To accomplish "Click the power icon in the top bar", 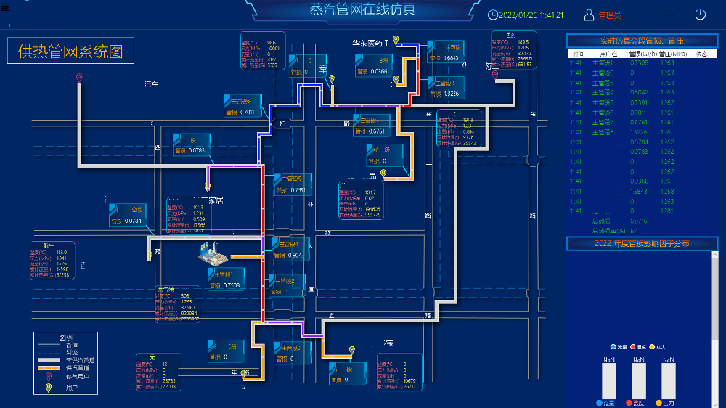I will coord(701,15).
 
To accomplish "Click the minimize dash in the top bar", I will coord(669,15).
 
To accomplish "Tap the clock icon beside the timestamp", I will coord(493,15).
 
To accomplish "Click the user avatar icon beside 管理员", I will coord(590,15).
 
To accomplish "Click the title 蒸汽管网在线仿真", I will coord(362,10).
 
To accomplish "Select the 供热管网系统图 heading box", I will coord(70,51).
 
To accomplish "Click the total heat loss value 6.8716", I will coord(619,221).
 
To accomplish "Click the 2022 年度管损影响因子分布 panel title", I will coord(642,243).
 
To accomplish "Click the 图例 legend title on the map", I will coord(67,338).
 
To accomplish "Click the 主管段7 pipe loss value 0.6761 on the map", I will coord(377,131).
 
